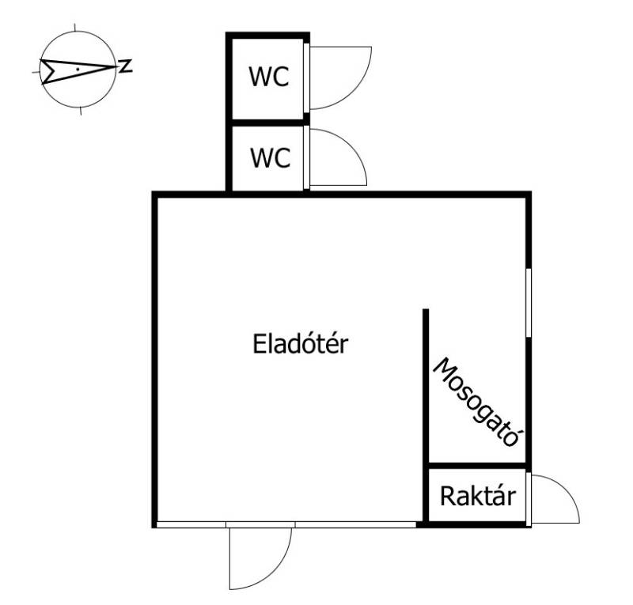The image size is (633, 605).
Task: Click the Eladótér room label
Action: point(301,344)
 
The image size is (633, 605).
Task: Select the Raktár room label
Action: point(478,497)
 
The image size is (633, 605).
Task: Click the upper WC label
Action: point(269,78)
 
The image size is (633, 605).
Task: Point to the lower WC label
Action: point(270,157)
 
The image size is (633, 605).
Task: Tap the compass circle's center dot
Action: point(77,70)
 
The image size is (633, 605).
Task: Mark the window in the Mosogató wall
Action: point(528,302)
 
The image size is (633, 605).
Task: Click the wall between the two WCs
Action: point(267,123)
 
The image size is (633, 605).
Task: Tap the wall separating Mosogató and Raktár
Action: point(477,466)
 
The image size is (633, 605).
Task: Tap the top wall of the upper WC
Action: point(267,35)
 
